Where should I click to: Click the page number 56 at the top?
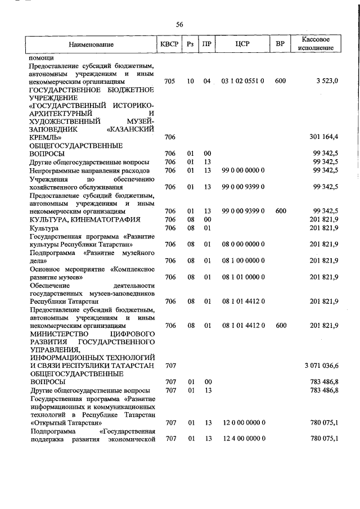click(x=179, y=24)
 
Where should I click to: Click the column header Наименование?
click(x=91, y=44)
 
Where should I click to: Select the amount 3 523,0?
click(x=327, y=82)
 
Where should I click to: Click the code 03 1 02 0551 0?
click(x=243, y=82)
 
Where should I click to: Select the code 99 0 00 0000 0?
click(x=243, y=170)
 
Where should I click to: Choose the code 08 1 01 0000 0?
click(x=243, y=277)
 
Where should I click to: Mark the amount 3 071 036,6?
click(x=321, y=366)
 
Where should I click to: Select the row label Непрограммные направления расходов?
click(x=89, y=170)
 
